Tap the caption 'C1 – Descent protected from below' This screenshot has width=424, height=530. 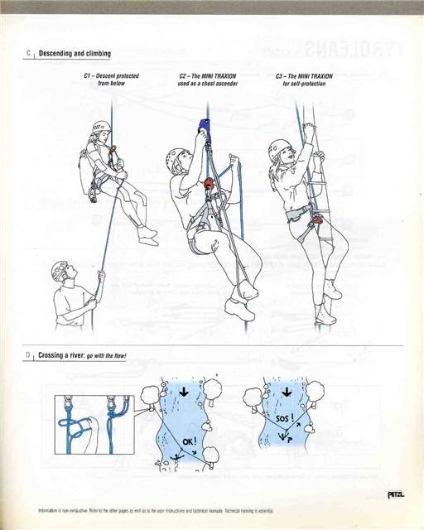[x=110, y=80]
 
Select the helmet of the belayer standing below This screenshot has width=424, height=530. [x=59, y=268]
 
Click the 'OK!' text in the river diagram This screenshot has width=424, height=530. [x=188, y=441]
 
